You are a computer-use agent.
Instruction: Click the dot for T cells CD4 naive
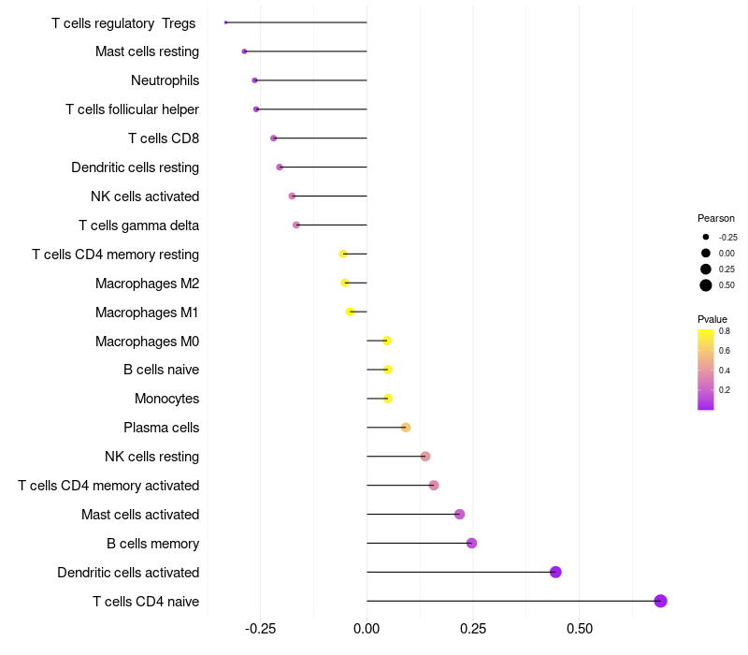(x=660, y=601)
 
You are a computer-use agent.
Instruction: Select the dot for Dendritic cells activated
(x=555, y=572)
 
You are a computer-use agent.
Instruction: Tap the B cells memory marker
(x=471, y=543)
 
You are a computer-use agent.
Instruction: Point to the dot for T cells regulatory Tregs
(x=226, y=22)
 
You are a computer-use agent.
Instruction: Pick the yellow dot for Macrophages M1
(x=351, y=312)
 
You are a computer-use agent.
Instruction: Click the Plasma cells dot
(x=406, y=428)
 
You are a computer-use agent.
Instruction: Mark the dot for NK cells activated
(x=292, y=196)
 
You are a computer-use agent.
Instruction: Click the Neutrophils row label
(x=165, y=80)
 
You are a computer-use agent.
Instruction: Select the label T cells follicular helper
(x=132, y=109)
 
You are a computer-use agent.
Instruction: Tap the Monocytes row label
(x=166, y=399)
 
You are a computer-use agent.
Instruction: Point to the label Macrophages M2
(x=147, y=283)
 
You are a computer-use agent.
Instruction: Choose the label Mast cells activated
(x=140, y=515)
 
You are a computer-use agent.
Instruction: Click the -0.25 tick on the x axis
(x=260, y=628)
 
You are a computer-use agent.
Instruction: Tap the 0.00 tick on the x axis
(x=367, y=628)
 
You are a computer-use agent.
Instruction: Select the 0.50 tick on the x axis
(x=579, y=628)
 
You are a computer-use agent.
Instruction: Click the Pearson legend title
(x=716, y=218)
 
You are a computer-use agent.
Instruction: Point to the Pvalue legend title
(x=712, y=319)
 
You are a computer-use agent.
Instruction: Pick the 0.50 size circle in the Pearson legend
(x=706, y=285)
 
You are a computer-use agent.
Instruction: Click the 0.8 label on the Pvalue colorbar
(x=724, y=331)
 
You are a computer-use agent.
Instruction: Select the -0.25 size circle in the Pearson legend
(x=706, y=238)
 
